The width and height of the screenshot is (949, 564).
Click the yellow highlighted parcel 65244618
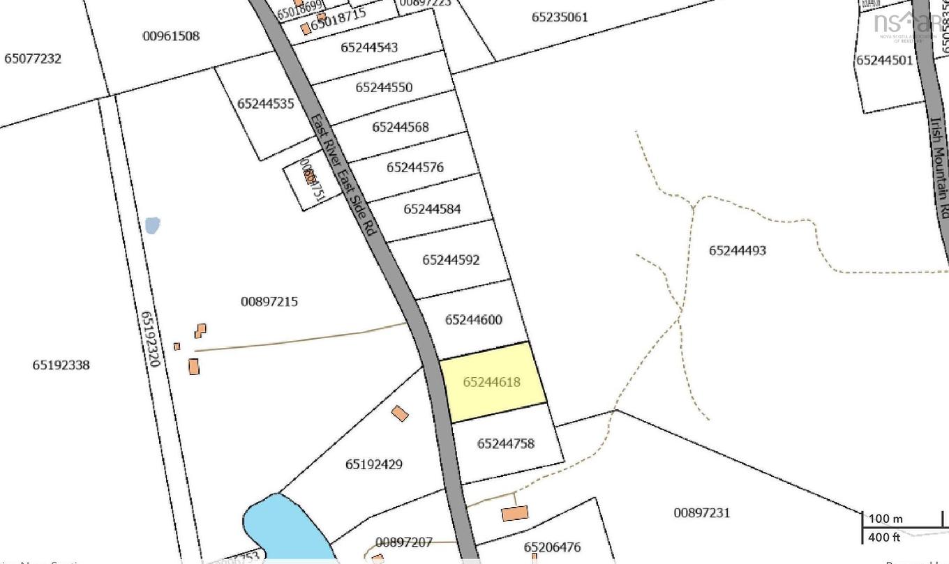(493, 382)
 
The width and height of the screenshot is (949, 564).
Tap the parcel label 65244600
(474, 320)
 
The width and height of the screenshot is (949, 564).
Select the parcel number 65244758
(506, 443)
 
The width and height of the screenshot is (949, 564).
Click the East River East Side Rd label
(343, 174)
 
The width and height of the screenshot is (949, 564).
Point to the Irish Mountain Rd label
(939, 167)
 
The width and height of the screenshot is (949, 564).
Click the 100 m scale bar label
(886, 519)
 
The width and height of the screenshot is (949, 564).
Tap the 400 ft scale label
(885, 537)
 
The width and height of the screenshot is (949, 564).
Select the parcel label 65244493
(738, 250)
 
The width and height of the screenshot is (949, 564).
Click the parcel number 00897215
(269, 301)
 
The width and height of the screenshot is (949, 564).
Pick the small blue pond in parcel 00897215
(152, 225)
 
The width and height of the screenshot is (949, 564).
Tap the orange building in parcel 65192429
(400, 413)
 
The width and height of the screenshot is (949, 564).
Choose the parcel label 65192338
(61, 365)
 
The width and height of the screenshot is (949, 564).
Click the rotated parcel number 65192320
(151, 339)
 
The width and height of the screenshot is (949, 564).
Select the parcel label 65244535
(266, 104)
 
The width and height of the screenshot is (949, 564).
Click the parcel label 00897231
(702, 512)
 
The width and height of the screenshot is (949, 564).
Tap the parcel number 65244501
(885, 60)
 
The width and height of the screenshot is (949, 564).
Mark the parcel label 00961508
(171, 36)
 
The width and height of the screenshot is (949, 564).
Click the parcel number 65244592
(451, 260)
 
